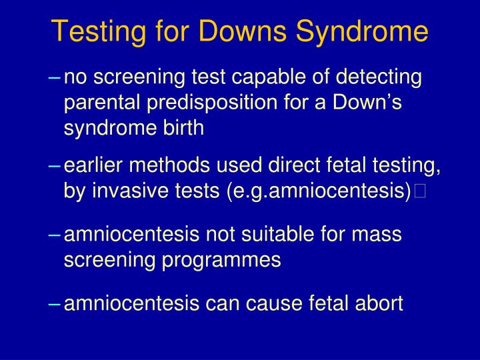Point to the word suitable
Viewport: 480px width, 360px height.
(x=289, y=235)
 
